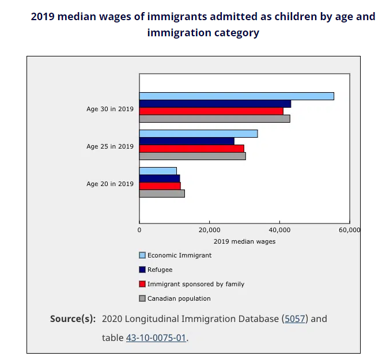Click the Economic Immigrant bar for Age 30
pyautogui.click(x=236, y=96)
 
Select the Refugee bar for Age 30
pyautogui.click(x=215, y=104)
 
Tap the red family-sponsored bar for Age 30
pyautogui.click(x=211, y=111)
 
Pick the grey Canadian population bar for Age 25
pyautogui.click(x=192, y=156)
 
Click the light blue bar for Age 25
pyautogui.click(x=198, y=134)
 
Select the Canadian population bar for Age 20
pyautogui.click(x=162, y=194)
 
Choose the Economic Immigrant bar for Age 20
pyautogui.click(x=158, y=171)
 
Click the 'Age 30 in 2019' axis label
pyautogui.click(x=110, y=109)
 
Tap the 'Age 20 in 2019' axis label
pyautogui.click(x=110, y=184)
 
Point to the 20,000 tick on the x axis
pyautogui.click(x=209, y=230)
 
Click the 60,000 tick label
pyautogui.click(x=349, y=230)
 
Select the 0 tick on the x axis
pyautogui.click(x=139, y=230)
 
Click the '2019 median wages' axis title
pyautogui.click(x=244, y=241)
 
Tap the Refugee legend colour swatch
pyautogui.click(x=142, y=270)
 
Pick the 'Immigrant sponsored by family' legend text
pyautogui.click(x=196, y=284)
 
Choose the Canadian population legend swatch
pyautogui.click(x=142, y=298)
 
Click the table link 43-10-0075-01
pyautogui.click(x=156, y=338)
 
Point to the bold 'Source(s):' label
pyautogui.click(x=73, y=319)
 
